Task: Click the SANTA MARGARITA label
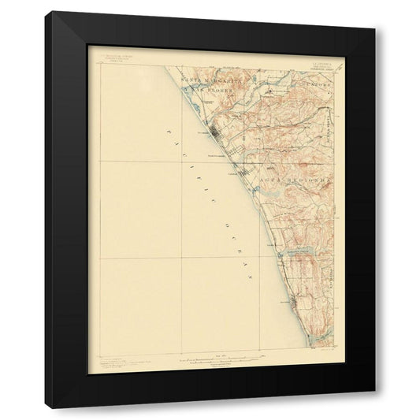(206, 82)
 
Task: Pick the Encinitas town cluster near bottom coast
(292, 299)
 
